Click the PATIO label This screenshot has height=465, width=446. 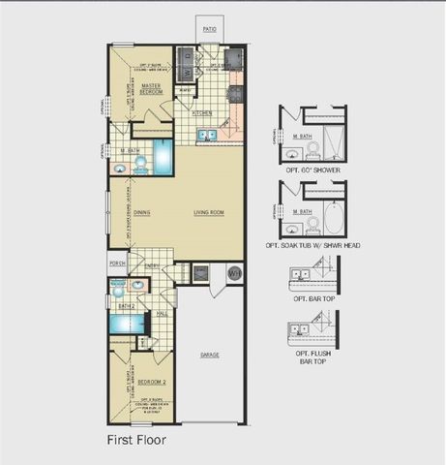coord(209,30)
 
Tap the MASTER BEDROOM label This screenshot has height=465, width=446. coord(150,88)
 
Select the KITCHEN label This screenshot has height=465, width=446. coord(202,113)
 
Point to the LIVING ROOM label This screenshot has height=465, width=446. coord(209,212)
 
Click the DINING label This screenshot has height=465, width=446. coord(142,212)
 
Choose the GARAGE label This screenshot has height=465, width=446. coord(209,355)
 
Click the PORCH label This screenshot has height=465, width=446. coord(117,263)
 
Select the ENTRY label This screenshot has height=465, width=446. coord(152,265)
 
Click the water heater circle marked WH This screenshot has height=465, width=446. coord(233,275)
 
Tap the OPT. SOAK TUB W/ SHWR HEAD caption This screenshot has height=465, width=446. coord(313,246)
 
